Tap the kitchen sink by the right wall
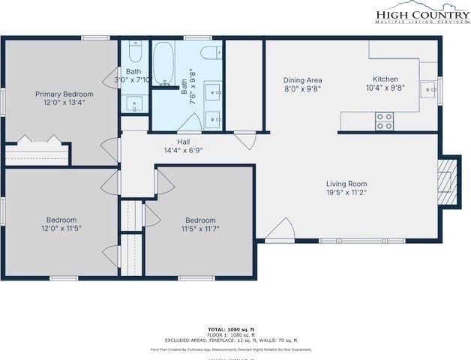[430, 90]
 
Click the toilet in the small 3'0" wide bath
[134, 51]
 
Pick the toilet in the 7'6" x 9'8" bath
[212, 52]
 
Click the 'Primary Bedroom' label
[64, 94]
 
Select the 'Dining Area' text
[301, 79]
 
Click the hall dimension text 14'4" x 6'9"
[184, 150]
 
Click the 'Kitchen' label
[385, 79]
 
